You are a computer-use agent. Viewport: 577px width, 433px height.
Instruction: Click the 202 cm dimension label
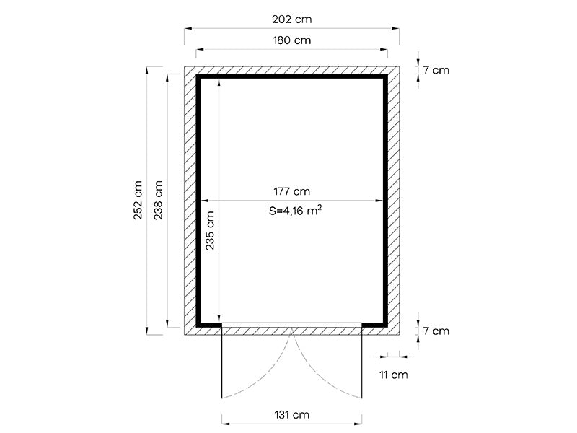(x=292, y=18)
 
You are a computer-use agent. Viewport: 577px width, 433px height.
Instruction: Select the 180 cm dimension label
(x=292, y=40)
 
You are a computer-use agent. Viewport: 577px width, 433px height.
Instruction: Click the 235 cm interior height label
(x=210, y=229)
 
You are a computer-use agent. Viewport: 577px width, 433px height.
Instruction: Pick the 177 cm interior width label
(x=291, y=191)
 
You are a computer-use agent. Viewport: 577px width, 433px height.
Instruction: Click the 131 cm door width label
(x=291, y=415)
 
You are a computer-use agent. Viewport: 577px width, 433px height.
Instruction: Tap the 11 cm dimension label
(x=393, y=375)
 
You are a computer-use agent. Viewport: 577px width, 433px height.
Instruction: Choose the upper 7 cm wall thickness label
(x=436, y=70)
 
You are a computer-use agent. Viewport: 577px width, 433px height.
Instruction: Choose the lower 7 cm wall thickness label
(x=436, y=331)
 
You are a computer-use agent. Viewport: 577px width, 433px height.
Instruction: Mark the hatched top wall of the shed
(x=292, y=71)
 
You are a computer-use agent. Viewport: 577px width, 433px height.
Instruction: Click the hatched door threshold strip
(x=291, y=331)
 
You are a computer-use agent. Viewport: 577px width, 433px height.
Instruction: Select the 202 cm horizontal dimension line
(x=238, y=29)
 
